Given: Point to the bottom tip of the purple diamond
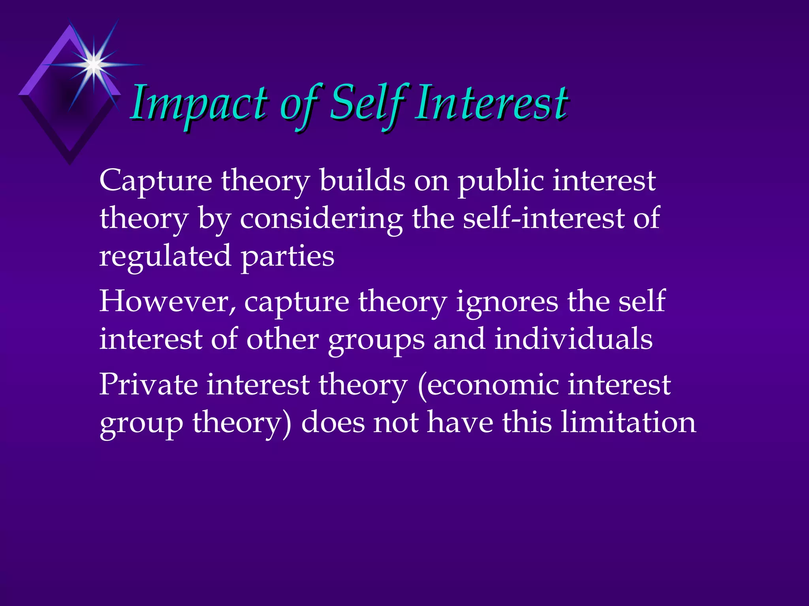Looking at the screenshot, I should pos(70,164).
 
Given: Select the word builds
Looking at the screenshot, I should pos(362,180).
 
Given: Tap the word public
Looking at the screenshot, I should pos(500,181).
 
